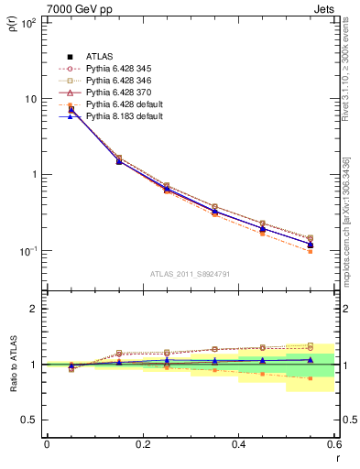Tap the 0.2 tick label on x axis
coord(143,443)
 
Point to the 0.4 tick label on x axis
coord(239,443)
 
